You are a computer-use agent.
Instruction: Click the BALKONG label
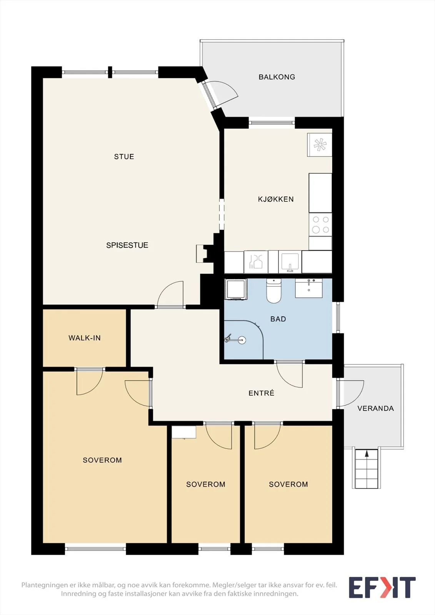point(277,77)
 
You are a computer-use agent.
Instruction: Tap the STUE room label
point(124,157)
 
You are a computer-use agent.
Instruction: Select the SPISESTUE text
point(127,245)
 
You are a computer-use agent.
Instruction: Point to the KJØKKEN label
point(276,199)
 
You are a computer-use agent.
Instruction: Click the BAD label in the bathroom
point(278,319)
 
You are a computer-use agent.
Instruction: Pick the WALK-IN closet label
point(85,338)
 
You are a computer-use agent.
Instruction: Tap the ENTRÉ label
point(261,393)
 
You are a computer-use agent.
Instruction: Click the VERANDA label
point(376,409)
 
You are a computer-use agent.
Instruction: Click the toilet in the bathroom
point(274,291)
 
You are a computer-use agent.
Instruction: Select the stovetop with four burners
point(320,224)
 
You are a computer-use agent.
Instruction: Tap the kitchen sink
point(290,262)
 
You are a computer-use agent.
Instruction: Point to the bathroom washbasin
point(309,288)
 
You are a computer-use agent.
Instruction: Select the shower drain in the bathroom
point(242,340)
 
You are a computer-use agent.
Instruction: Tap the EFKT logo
point(382,587)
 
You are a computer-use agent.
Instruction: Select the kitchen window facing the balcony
point(272,123)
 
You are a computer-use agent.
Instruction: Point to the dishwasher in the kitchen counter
point(256,262)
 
